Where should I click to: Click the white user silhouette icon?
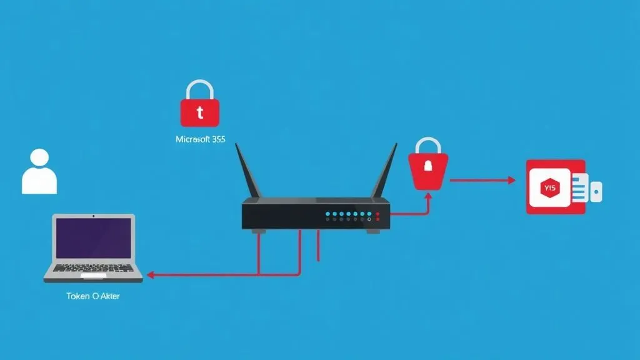pos(39,172)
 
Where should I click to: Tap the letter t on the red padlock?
pos(200,113)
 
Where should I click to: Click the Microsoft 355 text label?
pos(200,140)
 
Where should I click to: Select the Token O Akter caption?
pos(92,296)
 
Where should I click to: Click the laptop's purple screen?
pos(93,237)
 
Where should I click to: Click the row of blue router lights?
pos(346,214)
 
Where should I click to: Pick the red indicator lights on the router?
pos(377,216)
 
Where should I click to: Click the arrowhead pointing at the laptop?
pos(151,274)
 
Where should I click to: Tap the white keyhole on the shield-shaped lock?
pos(428,166)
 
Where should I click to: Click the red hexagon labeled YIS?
pos(550,187)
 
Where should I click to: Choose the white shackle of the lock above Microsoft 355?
pos(200,89)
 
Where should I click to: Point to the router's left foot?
pos(256,231)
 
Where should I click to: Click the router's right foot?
pos(373,231)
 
